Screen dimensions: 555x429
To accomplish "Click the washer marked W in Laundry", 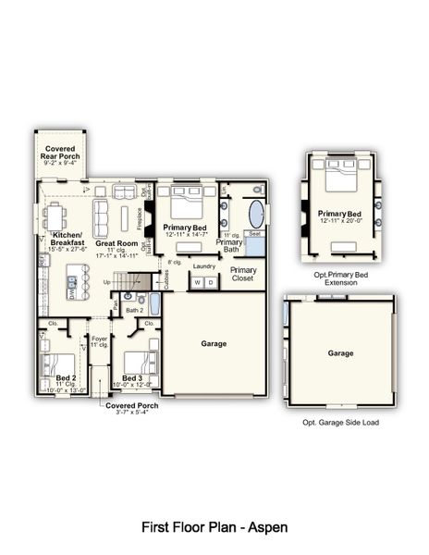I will point(197,282).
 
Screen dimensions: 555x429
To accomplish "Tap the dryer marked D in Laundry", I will point(210,282).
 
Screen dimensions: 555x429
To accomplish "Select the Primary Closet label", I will point(244,274).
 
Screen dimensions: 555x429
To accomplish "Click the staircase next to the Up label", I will point(137,280).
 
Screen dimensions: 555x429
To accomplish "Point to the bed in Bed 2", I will point(60,363).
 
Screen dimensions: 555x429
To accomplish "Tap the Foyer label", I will point(99,341).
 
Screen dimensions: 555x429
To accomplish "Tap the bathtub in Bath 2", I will point(154,303).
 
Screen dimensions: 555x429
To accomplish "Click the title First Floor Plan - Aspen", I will point(214,526).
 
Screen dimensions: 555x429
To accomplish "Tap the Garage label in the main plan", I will point(214,343).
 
